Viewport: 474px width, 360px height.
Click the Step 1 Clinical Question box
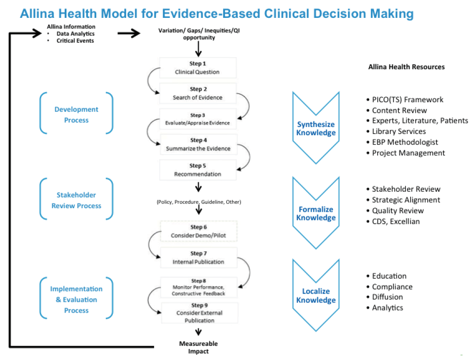point(198,67)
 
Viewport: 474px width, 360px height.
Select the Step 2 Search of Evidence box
point(198,93)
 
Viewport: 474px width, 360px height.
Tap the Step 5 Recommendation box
point(198,170)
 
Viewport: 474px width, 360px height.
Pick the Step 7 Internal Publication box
point(198,257)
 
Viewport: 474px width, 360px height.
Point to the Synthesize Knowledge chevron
point(316,128)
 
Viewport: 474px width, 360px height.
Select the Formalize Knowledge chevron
point(316,213)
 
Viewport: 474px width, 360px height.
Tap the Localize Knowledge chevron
point(316,295)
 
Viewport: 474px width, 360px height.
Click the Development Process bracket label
point(77,114)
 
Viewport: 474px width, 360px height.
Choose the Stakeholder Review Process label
point(77,200)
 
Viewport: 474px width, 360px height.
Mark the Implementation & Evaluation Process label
point(77,299)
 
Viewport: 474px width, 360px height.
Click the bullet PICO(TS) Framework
point(408,100)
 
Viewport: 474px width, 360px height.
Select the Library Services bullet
point(399,132)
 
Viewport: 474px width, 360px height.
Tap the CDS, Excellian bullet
point(396,222)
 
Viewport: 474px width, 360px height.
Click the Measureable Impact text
point(198,347)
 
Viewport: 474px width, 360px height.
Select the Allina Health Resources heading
point(406,67)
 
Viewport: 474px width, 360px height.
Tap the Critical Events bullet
point(75,40)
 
